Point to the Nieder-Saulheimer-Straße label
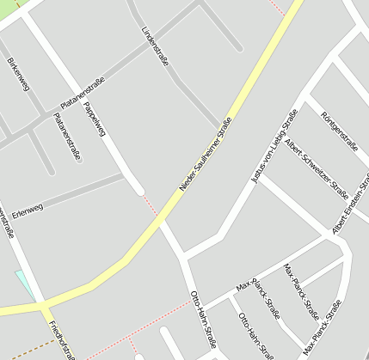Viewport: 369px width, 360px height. (206, 154)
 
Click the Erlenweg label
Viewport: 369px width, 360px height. (28, 210)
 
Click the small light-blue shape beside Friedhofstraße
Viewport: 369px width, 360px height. (23, 283)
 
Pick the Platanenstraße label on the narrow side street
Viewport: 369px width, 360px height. (67, 136)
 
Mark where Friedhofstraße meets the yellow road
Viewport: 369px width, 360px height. (40, 305)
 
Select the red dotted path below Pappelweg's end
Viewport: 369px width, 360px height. (151, 206)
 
